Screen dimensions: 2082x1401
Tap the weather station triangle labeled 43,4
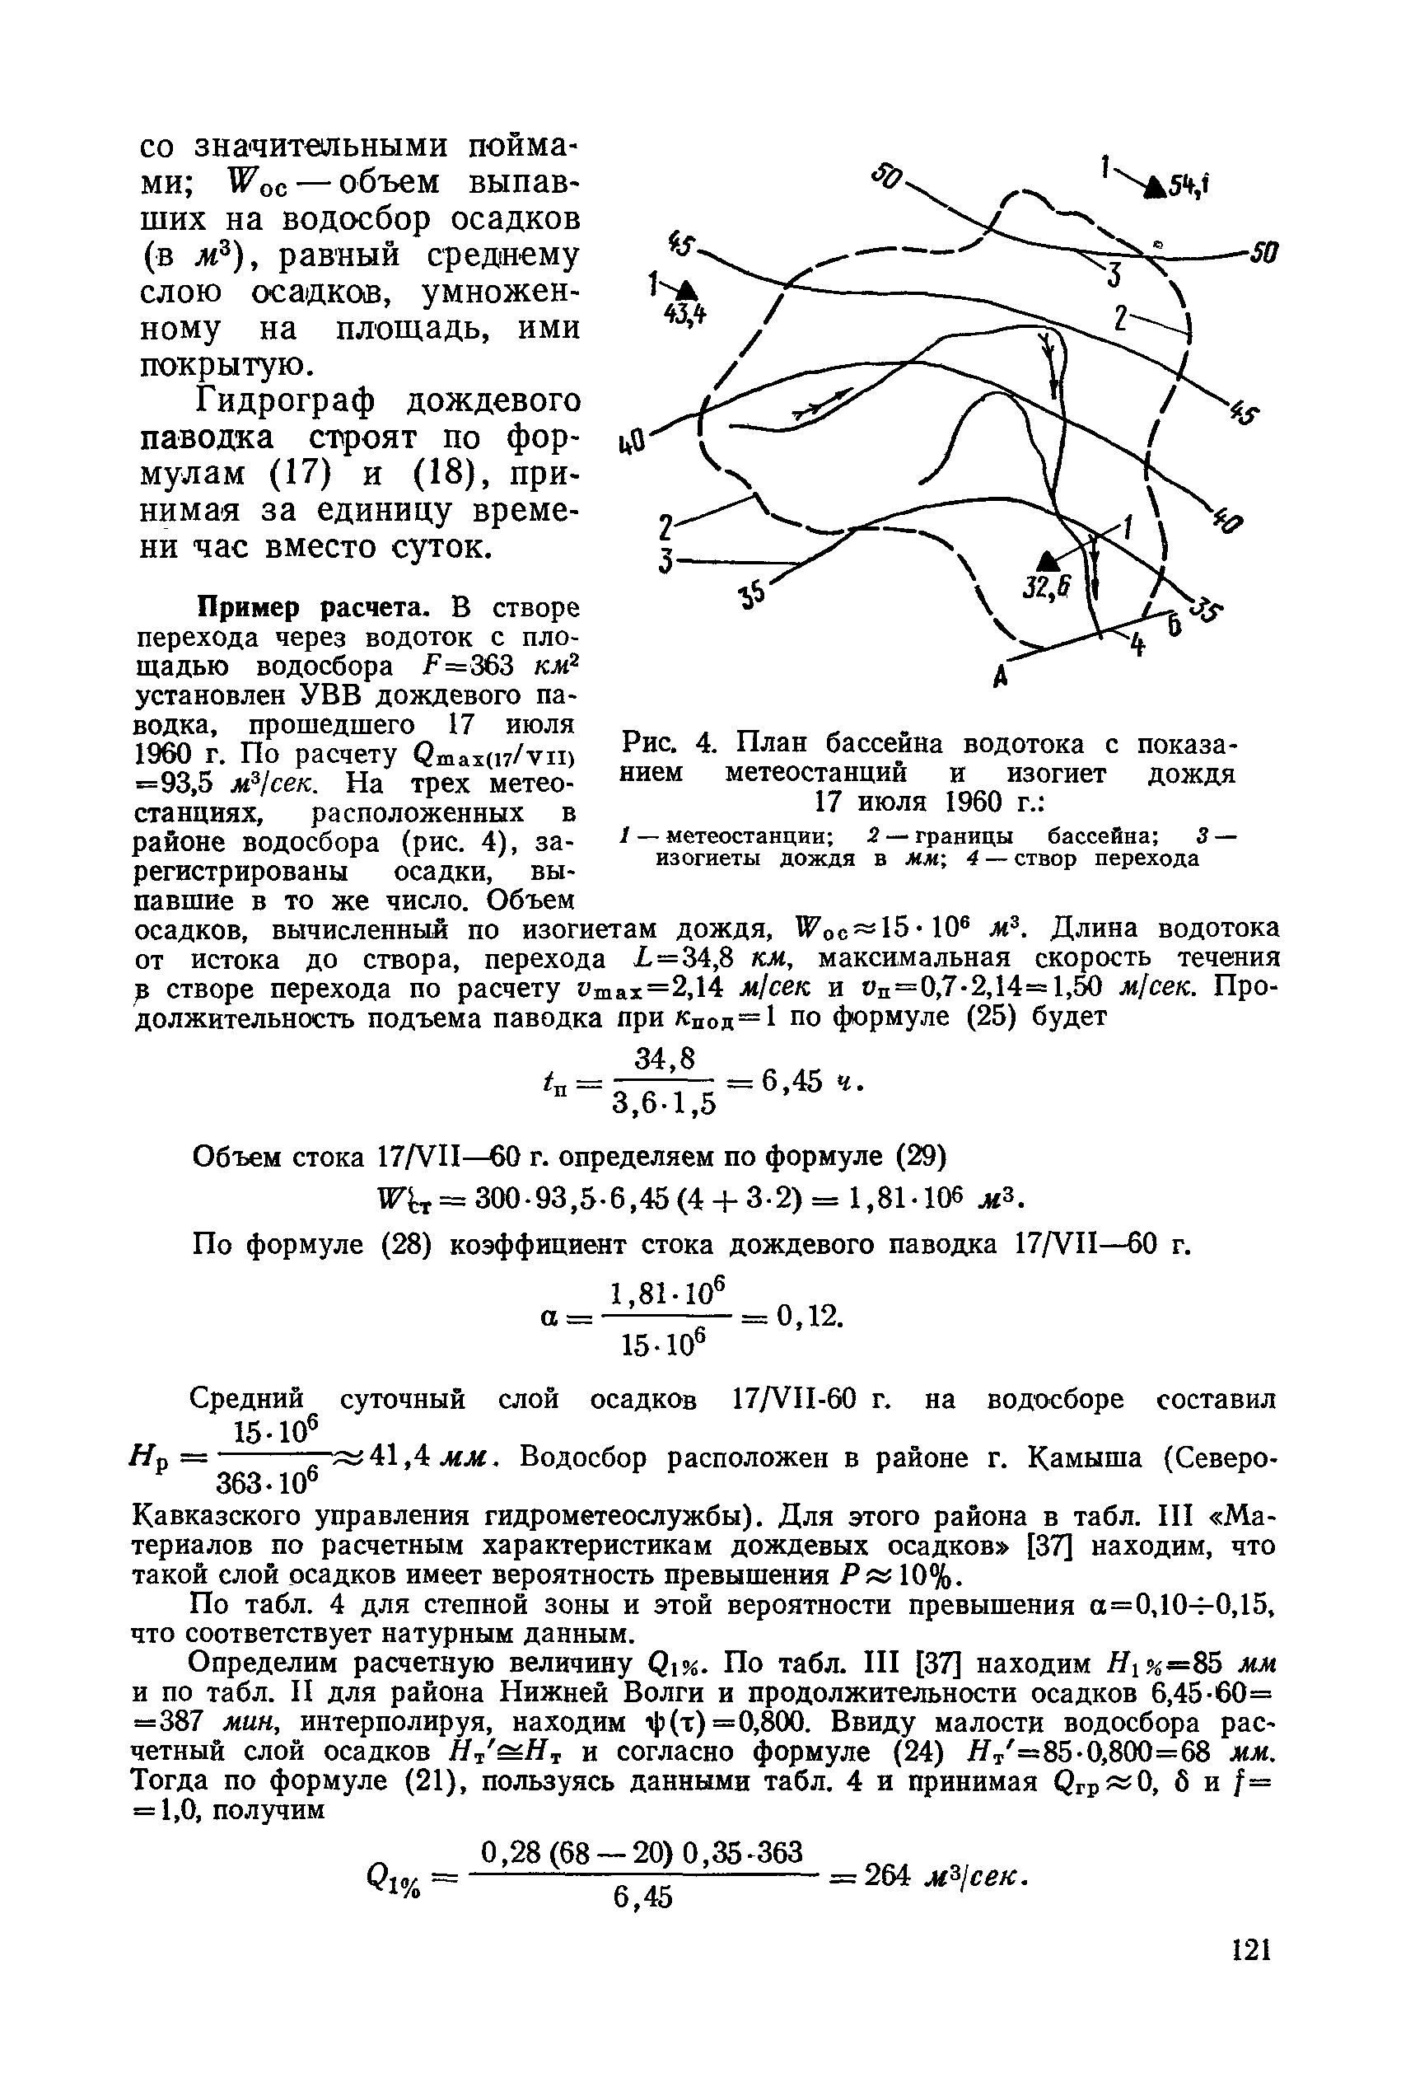[x=686, y=288]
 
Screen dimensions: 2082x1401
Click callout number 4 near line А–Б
[x=1138, y=644]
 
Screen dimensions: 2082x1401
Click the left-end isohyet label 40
[x=631, y=442]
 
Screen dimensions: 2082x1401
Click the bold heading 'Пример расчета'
[x=322, y=609]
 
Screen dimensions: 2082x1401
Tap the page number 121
[x=1251, y=1949]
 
